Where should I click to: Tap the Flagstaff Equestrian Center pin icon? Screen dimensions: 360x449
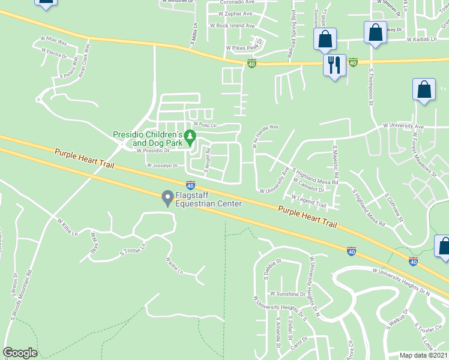tap(168, 197)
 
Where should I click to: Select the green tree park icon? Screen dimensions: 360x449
tap(190, 137)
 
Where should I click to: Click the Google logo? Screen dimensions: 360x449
tap(20, 353)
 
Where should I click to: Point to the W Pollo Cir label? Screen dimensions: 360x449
tap(204, 124)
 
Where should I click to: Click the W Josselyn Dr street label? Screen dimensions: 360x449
tap(163, 166)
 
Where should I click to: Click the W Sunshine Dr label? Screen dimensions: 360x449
tap(288, 294)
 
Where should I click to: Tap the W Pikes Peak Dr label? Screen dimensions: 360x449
tap(245, 47)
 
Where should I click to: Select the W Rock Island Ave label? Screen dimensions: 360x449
tap(232, 26)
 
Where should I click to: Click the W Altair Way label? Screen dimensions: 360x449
tap(53, 40)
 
